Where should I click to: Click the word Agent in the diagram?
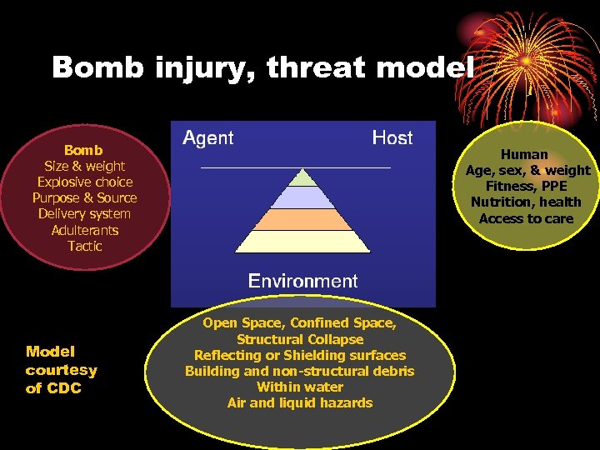click(x=207, y=138)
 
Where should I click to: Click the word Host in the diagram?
click(x=392, y=138)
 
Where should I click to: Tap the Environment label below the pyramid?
click(x=302, y=281)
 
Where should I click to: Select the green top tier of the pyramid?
click(x=304, y=177)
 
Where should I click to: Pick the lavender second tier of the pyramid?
click(x=303, y=197)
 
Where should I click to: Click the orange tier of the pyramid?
click(x=303, y=219)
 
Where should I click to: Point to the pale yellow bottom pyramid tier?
click(x=303, y=242)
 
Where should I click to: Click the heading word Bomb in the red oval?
click(x=83, y=150)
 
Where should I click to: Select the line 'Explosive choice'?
click(x=84, y=182)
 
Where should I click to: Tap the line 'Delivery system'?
click(x=84, y=214)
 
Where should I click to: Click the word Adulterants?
click(x=84, y=230)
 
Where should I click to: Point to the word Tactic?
click(x=84, y=246)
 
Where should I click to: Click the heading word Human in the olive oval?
click(x=524, y=154)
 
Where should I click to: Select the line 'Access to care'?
click(x=526, y=218)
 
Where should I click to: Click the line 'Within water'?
click(x=299, y=387)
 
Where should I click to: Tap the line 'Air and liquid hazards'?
click(x=299, y=402)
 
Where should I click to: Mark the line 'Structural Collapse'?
click(x=299, y=339)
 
